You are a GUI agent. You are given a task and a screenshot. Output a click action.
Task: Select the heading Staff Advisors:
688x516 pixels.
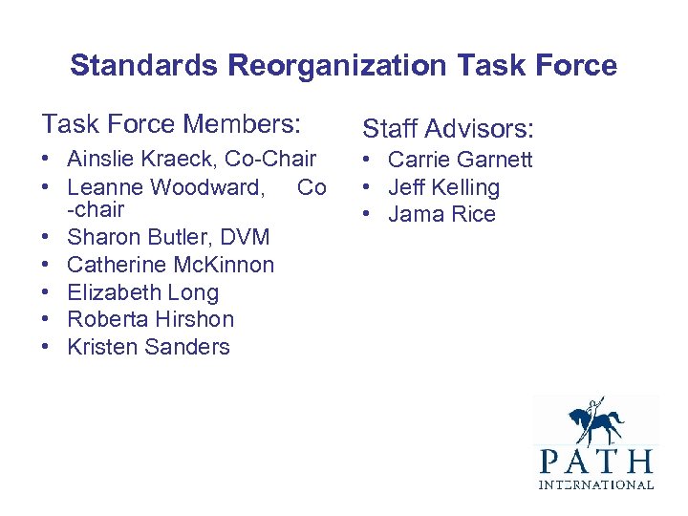click(x=447, y=128)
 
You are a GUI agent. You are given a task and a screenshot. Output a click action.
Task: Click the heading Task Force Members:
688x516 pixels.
click(x=171, y=123)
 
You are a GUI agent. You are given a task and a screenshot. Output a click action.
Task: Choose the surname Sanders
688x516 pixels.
click(x=190, y=347)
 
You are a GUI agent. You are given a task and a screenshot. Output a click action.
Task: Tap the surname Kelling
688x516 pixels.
click(x=463, y=187)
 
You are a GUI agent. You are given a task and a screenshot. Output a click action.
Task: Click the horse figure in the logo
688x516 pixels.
click(x=594, y=422)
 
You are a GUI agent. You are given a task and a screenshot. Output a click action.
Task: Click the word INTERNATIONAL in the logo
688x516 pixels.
click(x=595, y=485)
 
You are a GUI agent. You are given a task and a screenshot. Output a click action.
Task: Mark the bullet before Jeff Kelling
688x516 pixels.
click(x=368, y=187)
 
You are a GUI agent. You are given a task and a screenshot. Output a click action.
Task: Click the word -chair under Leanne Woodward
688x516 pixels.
click(x=96, y=209)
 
